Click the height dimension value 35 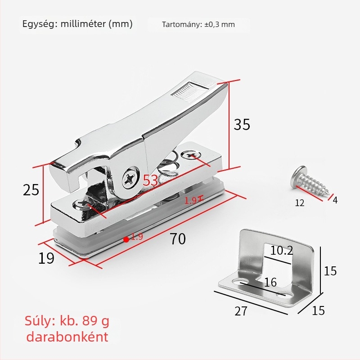(242, 124)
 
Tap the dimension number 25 (31, 190)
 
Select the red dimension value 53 (150, 181)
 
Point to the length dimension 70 (178, 239)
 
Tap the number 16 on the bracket (270, 282)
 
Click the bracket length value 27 (241, 310)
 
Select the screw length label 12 (300, 203)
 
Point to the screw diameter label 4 (335, 199)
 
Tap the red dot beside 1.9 (126, 239)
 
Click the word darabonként (67, 337)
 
